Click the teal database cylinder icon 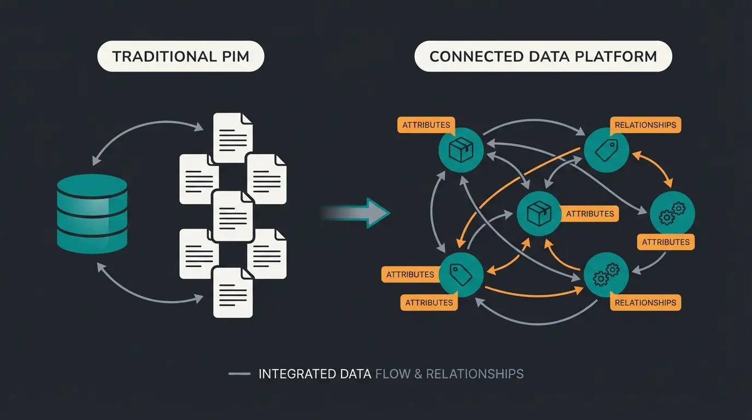point(92,214)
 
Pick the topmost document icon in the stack point(233,137)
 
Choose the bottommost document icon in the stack point(233,292)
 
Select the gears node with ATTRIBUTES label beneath point(672,213)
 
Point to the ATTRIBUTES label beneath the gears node point(666,242)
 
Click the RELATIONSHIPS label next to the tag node point(645,125)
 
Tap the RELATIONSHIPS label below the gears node point(645,302)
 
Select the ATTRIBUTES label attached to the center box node point(590,214)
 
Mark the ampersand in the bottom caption point(418,374)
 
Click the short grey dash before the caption point(239,374)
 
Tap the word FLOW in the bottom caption point(393,374)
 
